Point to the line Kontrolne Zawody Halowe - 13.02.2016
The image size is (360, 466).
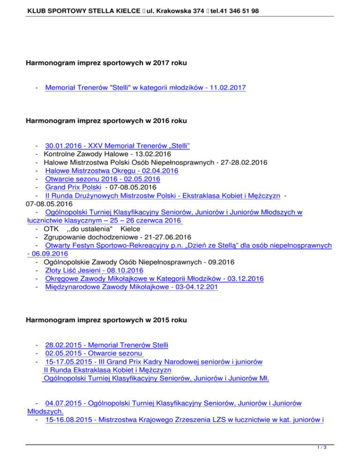107,154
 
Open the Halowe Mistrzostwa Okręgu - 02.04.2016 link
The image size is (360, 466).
111,171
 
